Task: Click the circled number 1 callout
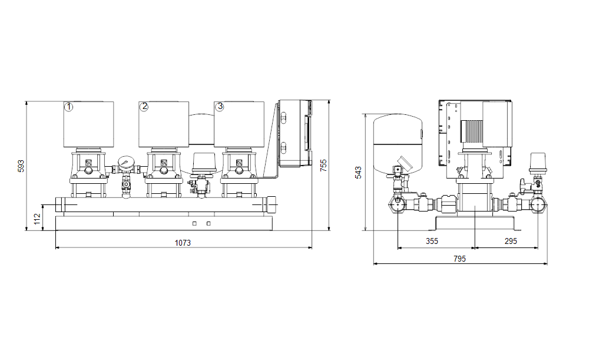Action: (68, 107)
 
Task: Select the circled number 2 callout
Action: (144, 107)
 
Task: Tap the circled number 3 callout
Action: (220, 107)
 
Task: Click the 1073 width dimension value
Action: (183, 243)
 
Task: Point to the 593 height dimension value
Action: (21, 166)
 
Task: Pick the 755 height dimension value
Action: (323, 165)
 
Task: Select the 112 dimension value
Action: (37, 219)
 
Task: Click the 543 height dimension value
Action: (359, 173)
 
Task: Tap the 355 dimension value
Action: (432, 241)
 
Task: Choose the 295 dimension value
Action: (511, 241)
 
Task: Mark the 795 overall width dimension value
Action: (459, 259)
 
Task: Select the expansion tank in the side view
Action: (398, 144)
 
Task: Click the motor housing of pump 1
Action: (88, 124)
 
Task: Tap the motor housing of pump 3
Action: (239, 124)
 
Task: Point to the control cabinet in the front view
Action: (295, 133)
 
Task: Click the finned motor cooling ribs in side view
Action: (472, 131)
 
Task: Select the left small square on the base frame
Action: (194, 224)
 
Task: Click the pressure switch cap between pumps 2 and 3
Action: (204, 163)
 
